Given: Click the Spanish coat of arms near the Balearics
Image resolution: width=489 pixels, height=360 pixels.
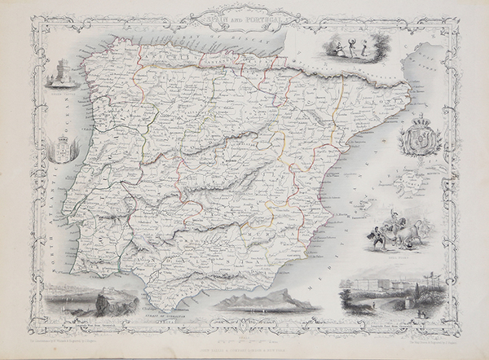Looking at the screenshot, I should (423, 134).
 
